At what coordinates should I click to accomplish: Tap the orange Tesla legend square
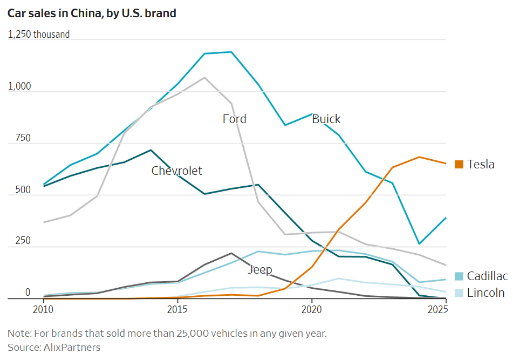(459, 164)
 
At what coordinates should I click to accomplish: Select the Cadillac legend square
(459, 276)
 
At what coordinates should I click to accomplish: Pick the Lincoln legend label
(486, 293)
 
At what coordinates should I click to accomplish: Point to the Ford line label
(234, 119)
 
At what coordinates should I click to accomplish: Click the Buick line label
(326, 119)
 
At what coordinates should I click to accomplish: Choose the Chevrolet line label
(177, 171)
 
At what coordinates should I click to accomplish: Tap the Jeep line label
(260, 270)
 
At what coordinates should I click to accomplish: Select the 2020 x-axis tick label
(311, 309)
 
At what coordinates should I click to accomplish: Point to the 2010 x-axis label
(43, 309)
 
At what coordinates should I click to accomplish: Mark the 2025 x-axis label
(438, 309)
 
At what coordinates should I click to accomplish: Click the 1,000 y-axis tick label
(19, 86)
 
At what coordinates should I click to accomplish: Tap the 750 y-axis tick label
(23, 138)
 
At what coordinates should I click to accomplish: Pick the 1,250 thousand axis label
(39, 35)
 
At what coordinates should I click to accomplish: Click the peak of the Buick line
(231, 52)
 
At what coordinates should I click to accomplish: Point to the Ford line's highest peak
(204, 78)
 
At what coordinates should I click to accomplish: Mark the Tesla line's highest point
(419, 157)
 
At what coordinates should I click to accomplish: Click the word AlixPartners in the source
(72, 347)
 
